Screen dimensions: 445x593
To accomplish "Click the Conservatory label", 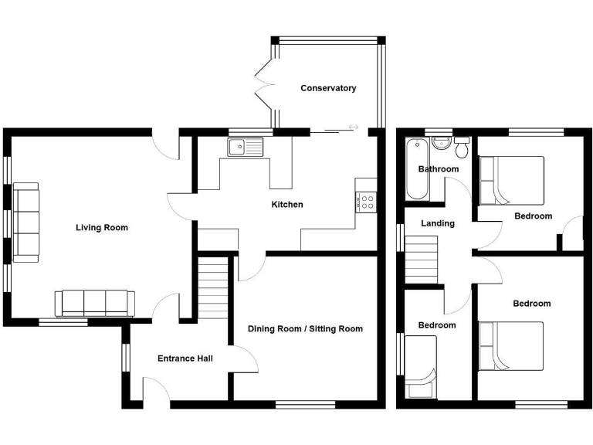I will coord(328,88).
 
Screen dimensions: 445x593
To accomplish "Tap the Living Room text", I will coord(101,228).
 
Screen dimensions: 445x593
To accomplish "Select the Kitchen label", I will coord(286,205).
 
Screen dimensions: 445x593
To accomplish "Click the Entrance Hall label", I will coord(185,358).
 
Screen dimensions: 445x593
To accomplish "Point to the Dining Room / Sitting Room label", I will coord(305,329).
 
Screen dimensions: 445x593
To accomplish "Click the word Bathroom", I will coord(438,169).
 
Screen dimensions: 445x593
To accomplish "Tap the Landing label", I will coord(437,223).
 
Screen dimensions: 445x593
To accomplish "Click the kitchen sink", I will coord(245,145).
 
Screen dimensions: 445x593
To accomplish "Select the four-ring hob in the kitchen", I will coord(366,202).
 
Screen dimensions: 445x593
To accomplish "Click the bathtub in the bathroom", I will coord(413,168).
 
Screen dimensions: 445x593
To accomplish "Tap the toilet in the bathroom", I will coord(462,147).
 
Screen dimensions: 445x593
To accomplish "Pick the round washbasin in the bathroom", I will coord(441,143).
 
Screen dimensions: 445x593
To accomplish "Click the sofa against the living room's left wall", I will coord(25,220).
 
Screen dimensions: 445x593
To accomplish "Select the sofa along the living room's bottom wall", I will coord(94,302).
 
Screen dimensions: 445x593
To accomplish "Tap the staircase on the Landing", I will coord(422,261).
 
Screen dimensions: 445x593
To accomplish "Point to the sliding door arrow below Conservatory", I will coord(353,127).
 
